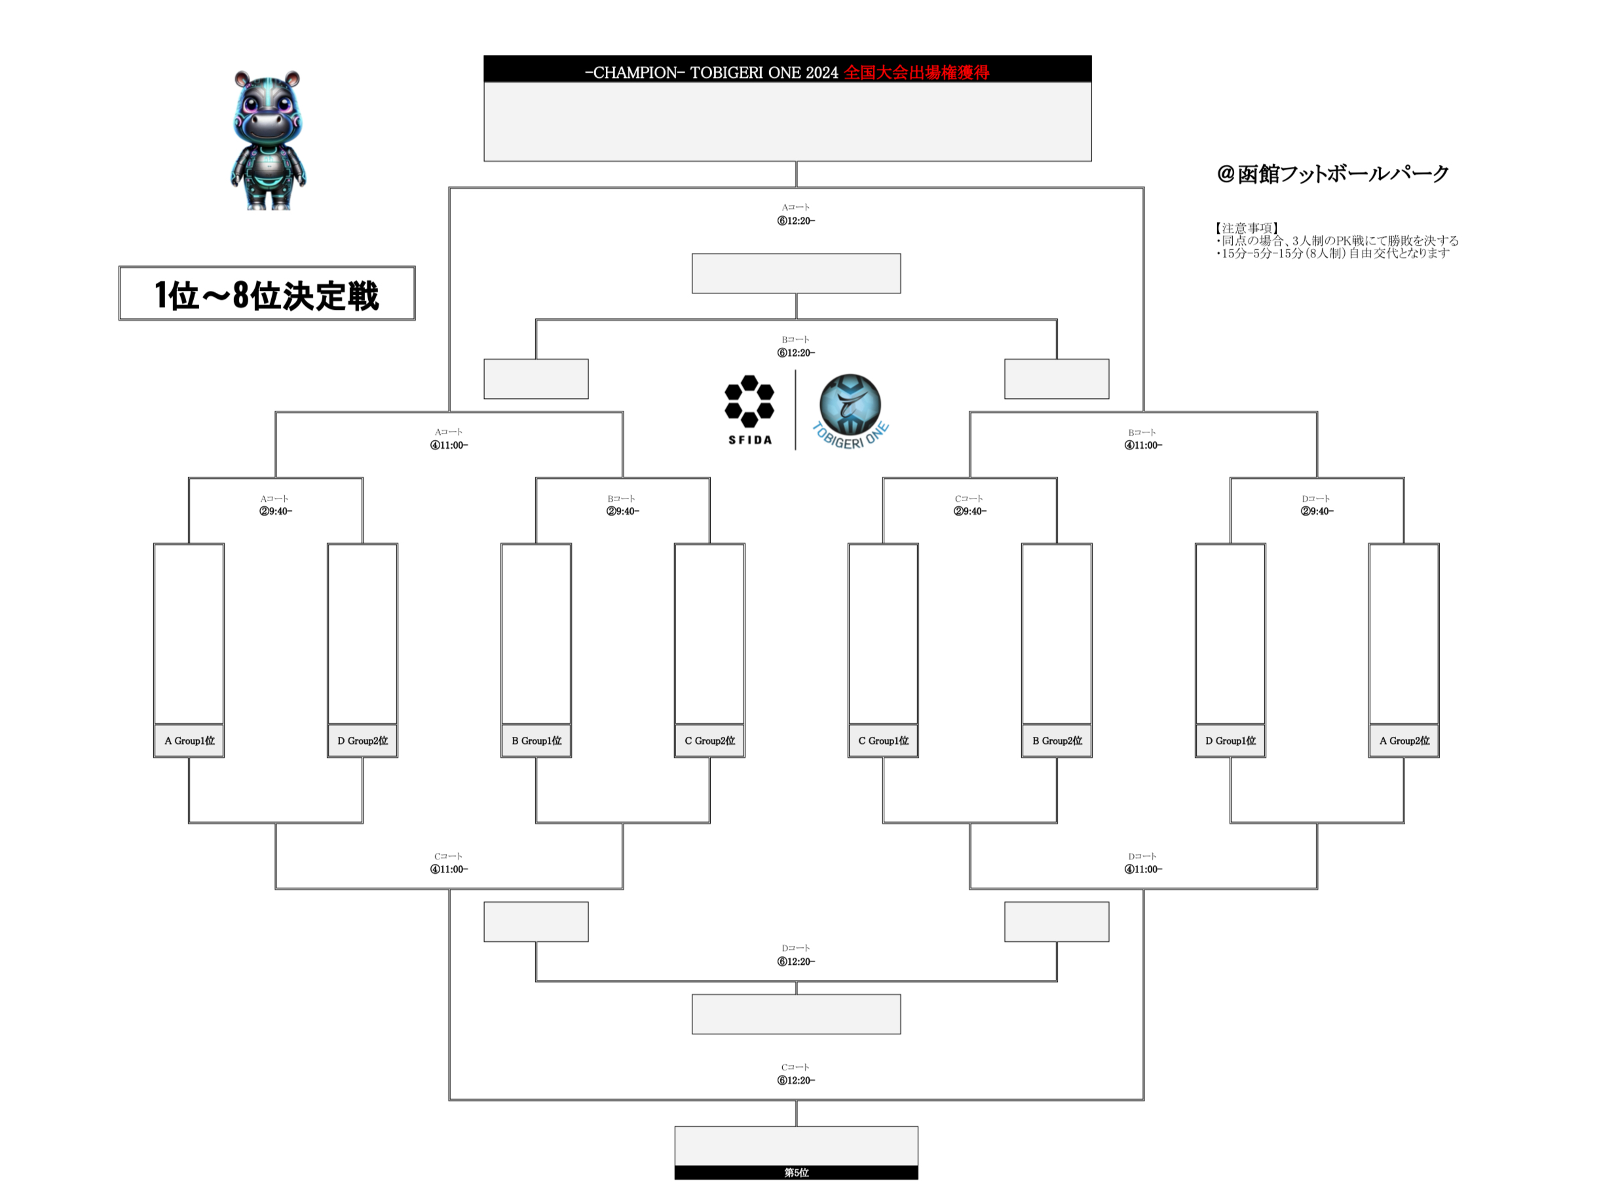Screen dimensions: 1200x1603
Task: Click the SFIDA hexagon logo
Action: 749,409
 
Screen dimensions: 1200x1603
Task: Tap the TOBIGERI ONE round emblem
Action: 850,409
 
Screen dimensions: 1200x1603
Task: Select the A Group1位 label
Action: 189,741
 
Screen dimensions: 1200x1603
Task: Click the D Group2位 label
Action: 362,741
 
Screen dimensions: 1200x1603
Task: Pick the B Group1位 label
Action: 537,741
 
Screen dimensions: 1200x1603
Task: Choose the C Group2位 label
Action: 709,741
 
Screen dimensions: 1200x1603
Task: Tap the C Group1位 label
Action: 884,741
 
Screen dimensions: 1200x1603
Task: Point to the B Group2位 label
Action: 1057,741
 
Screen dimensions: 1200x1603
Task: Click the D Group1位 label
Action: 1230,741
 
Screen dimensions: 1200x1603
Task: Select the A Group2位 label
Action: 1404,741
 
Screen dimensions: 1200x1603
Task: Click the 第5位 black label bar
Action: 796,1172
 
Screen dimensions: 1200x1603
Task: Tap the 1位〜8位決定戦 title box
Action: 267,293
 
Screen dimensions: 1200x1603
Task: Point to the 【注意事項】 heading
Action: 1247,228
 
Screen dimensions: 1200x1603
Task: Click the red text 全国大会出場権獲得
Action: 916,73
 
